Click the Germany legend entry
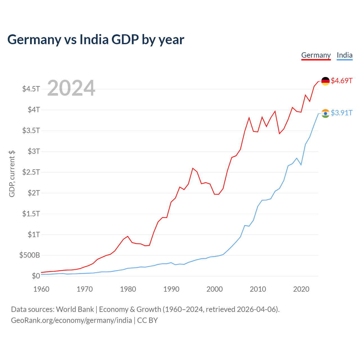tap(316, 55)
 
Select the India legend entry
tap(345, 55)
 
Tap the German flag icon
tap(325, 81)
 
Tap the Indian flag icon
tap(325, 113)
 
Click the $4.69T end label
tap(341, 81)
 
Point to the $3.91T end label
tap(341, 113)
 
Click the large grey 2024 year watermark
tap(71, 88)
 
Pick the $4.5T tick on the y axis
tap(31, 89)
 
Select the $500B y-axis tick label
tap(30, 255)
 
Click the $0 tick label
tap(36, 276)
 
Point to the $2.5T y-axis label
tap(31, 172)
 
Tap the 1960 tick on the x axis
tap(41, 289)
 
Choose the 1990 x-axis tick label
tap(171, 289)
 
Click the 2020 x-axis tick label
tap(301, 289)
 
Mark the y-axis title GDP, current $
tap(12, 174)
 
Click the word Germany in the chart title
tap(34, 40)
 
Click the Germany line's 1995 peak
tap(193, 168)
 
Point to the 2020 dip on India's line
tap(301, 165)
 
